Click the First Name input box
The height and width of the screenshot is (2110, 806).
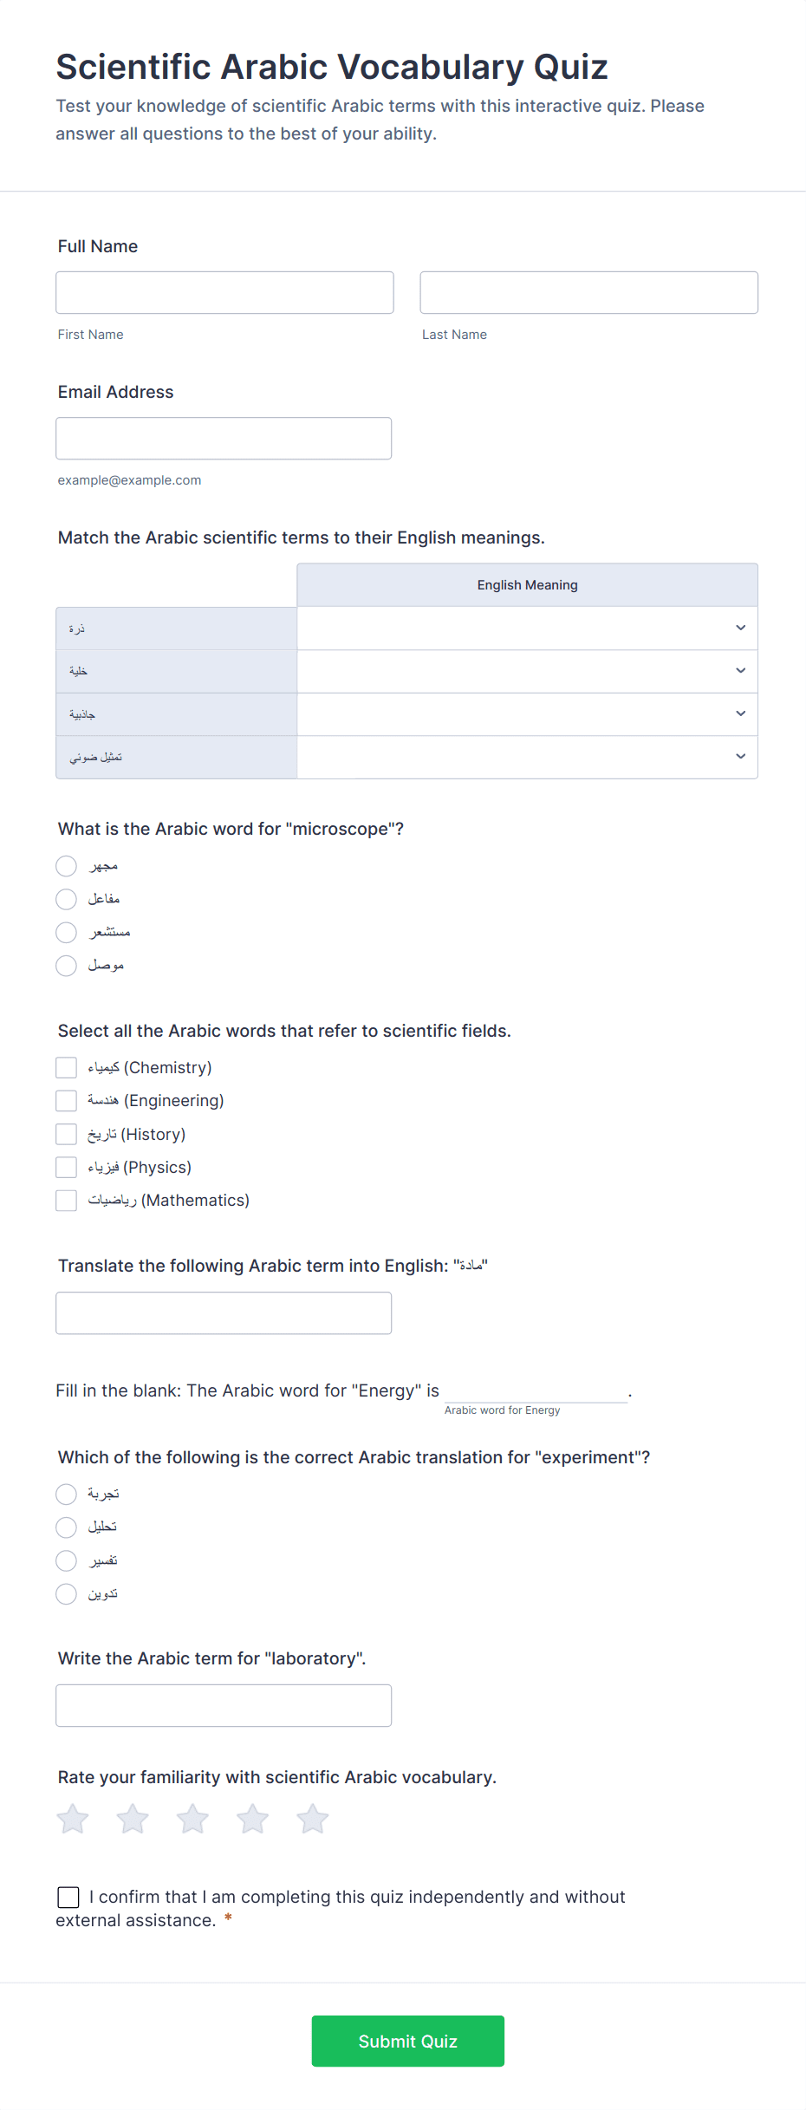click(x=224, y=292)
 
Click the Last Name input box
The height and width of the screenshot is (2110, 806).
click(x=588, y=292)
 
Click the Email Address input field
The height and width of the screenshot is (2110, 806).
click(x=224, y=439)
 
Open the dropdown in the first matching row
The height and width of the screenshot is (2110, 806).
click(x=527, y=628)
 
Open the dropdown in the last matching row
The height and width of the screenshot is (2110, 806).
click(x=527, y=757)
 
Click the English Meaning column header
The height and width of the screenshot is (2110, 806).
click(x=527, y=585)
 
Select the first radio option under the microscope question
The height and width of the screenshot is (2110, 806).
click(x=67, y=866)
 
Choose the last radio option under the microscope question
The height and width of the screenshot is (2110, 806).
click(x=67, y=966)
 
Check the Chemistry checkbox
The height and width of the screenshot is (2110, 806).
click(x=67, y=1067)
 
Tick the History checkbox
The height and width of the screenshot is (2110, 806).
click(x=67, y=1134)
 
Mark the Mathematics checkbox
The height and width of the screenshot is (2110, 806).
click(x=67, y=1201)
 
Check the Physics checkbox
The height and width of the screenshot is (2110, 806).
click(x=67, y=1168)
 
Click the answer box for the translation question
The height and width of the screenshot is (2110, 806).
click(x=224, y=1313)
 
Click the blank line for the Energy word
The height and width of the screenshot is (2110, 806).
click(x=536, y=1390)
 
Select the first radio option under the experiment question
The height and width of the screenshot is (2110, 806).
click(x=67, y=1494)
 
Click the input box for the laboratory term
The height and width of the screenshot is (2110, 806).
click(x=224, y=1705)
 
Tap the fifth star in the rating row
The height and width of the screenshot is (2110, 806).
click(x=313, y=1819)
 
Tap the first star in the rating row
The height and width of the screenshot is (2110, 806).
click(x=73, y=1819)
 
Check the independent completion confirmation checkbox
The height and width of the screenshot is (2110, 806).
click(x=68, y=1898)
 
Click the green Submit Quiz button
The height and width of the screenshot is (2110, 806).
click(x=407, y=2041)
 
